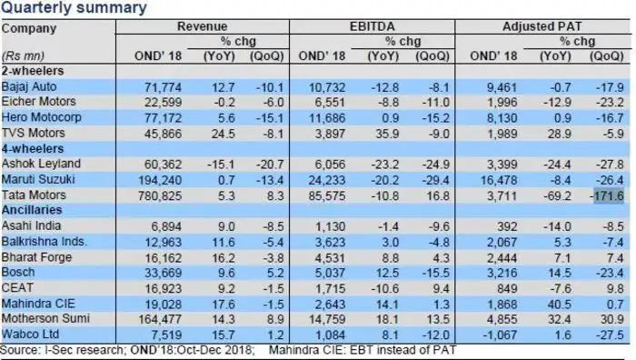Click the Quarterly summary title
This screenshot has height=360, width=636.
click(74, 7)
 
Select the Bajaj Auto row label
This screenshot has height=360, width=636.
click(29, 86)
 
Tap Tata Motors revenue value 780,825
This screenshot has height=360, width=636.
click(160, 196)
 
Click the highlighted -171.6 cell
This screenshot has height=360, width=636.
click(609, 196)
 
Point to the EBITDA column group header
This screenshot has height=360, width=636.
click(372, 26)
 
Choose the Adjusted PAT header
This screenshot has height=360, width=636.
click(542, 26)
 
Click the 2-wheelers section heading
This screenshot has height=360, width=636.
click(33, 71)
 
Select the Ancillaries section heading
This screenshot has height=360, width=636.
click(32, 210)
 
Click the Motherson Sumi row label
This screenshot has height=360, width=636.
click(45, 318)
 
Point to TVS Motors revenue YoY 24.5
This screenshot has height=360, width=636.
click(224, 134)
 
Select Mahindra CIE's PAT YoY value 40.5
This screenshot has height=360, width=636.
click(560, 304)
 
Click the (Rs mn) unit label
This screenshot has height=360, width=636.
click(23, 55)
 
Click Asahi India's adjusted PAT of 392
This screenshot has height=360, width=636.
click(506, 226)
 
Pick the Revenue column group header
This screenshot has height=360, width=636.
click(202, 26)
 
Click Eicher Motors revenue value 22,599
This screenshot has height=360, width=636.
click(163, 103)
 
